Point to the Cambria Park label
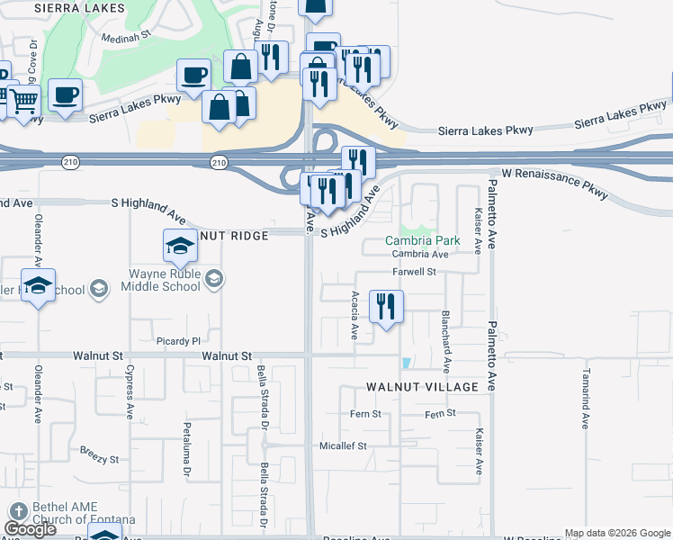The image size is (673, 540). [423, 240]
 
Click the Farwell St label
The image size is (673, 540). [414, 271]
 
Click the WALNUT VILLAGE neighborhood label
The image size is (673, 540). [421, 386]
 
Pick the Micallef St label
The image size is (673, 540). [344, 445]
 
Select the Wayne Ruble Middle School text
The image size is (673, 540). [165, 280]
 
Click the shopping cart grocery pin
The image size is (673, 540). [23, 101]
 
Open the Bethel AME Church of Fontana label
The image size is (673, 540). [84, 513]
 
